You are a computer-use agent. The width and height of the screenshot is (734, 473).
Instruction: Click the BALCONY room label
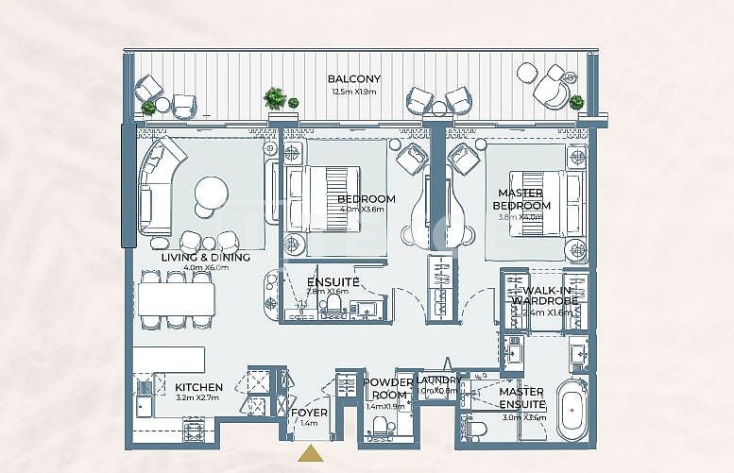353,79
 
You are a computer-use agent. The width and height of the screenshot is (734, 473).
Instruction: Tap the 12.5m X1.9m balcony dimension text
353,92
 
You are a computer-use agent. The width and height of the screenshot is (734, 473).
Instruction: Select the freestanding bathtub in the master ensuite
572,411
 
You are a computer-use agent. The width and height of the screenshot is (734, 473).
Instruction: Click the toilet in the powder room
379,427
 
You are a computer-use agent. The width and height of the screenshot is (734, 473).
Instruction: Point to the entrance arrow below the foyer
309,455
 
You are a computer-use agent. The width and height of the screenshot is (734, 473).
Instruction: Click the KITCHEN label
198,387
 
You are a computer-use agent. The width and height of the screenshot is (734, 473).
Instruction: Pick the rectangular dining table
176,299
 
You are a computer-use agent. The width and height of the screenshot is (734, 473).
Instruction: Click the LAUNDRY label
435,380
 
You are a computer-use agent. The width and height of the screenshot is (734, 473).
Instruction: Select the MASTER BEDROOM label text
523,199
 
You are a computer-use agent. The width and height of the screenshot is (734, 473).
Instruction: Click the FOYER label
309,413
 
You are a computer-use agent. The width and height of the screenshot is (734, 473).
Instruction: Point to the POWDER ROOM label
388,389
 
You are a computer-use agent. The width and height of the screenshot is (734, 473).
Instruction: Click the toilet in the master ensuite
476,430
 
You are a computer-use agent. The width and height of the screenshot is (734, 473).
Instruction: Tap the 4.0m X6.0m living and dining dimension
205,269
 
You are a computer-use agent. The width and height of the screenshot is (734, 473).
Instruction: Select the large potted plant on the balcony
275,97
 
